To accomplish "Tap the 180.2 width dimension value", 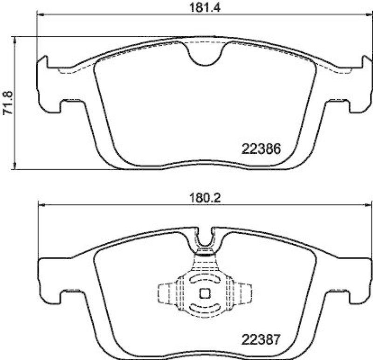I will [200, 197].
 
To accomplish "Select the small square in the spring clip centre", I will [204, 294].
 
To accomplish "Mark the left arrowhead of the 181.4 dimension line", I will [40, 15].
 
